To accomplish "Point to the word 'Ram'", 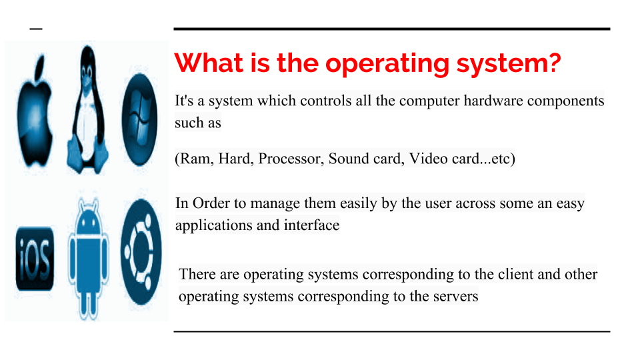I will (x=193, y=159).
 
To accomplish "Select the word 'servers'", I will (x=455, y=295).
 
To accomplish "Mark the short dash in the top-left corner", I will (x=35, y=29).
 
